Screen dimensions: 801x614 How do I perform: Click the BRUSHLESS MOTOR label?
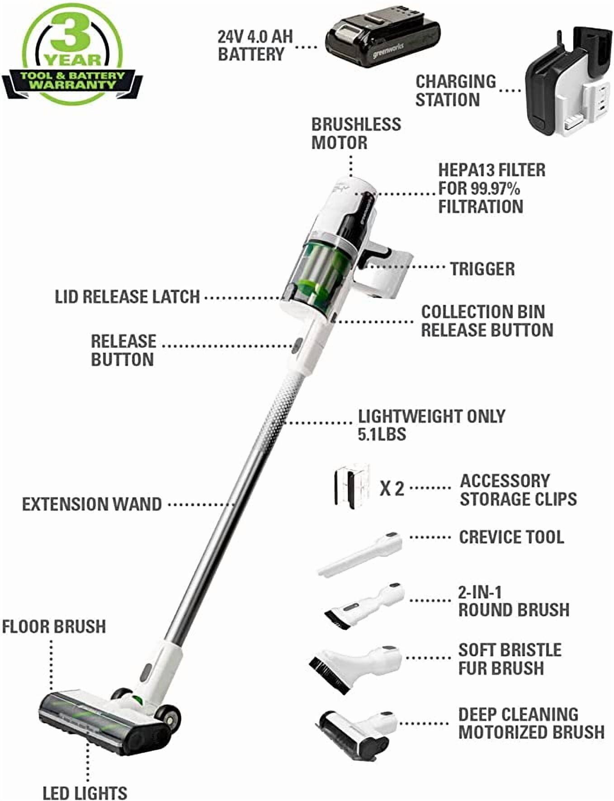pyautogui.click(x=356, y=133)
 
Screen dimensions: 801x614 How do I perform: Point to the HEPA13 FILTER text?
pyautogui.click(x=491, y=170)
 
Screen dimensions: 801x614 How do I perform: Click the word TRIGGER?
pyautogui.click(x=482, y=269)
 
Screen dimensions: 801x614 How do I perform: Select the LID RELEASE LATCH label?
pyautogui.click(x=127, y=297)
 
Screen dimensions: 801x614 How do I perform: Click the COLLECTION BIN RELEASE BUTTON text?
pyautogui.click(x=486, y=321)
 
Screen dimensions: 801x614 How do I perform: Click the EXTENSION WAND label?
pyautogui.click(x=92, y=504)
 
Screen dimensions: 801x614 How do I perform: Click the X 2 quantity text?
pyautogui.click(x=392, y=489)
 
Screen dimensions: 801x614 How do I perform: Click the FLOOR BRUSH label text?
pyautogui.click(x=54, y=627)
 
